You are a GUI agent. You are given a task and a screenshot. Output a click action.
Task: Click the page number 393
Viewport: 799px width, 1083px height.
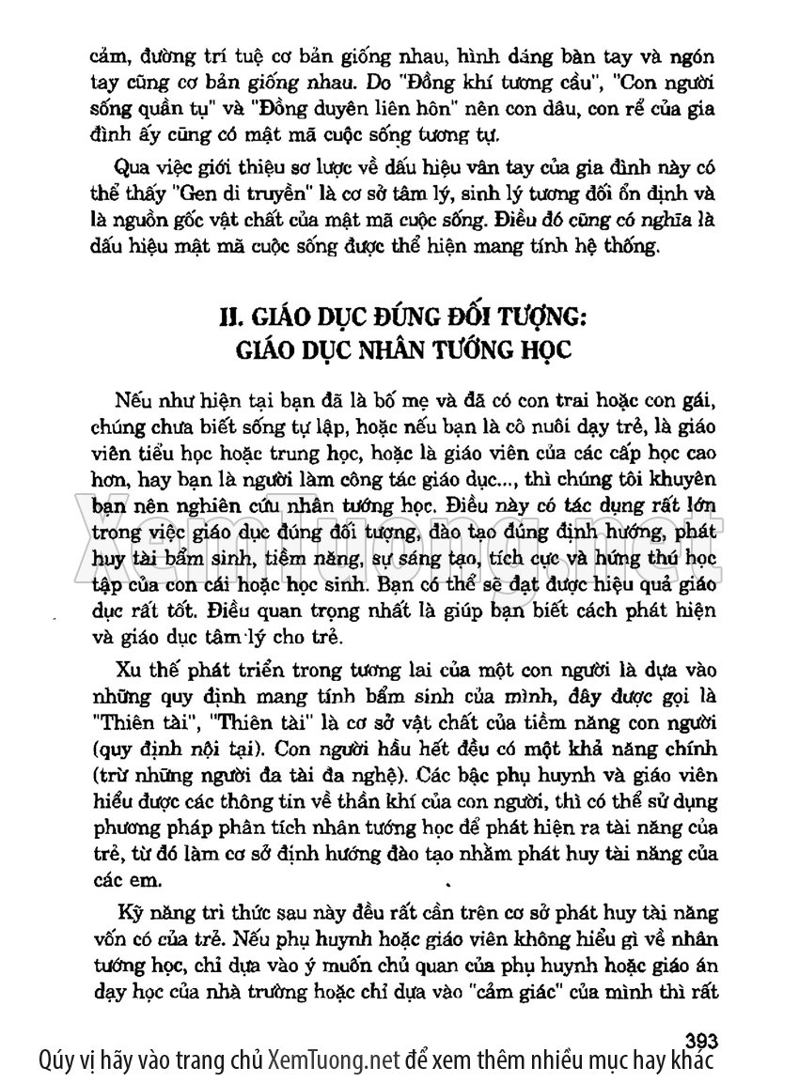tap(702, 1040)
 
